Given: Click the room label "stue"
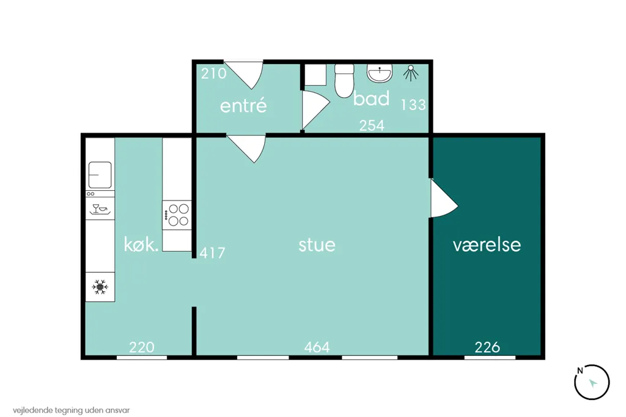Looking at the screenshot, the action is coord(317,245).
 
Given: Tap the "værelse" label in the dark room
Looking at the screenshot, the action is coord(487,245).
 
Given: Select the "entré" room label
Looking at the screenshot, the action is coord(243,105).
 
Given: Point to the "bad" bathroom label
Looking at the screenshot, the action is coord(371,98).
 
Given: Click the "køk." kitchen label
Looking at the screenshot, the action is coord(141,245).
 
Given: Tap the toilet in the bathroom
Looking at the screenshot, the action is coord(344,81).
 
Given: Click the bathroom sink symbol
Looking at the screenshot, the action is coord(380,73).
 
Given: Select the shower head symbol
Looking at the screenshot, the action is coord(411,73).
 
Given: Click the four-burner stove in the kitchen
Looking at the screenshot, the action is coord(177,215).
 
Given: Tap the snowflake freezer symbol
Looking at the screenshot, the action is coord(100,287).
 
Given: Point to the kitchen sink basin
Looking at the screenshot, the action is coord(100,175).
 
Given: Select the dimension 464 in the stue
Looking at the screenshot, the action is coord(317,347).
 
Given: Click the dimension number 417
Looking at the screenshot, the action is coord(212,253).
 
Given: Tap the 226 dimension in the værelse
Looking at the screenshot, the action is coord(487,347).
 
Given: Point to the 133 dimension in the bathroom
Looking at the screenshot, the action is coord(413,105).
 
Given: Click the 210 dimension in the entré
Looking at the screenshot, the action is coord(213,73).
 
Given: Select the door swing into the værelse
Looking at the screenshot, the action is coord(444,199).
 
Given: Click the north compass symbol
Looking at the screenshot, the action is coord(592,382).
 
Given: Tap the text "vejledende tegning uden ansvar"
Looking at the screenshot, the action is coord(71,410).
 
